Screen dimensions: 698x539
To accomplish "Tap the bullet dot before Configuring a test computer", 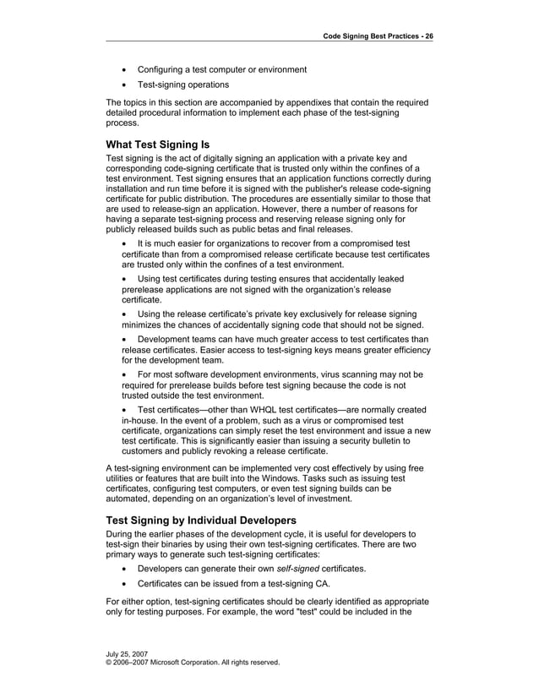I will point(126,69).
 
